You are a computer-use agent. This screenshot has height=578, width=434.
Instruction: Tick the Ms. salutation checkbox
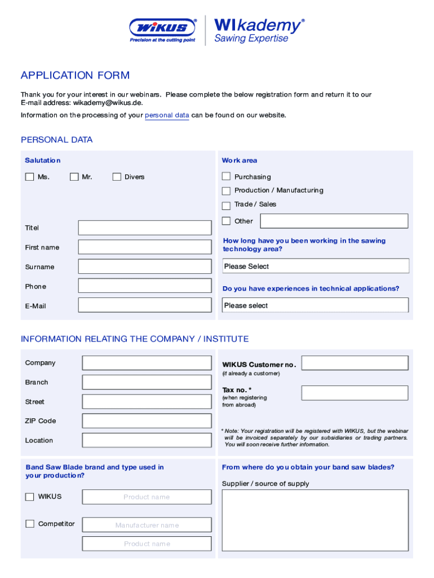(29, 177)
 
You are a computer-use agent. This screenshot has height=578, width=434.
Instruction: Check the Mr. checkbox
(74, 177)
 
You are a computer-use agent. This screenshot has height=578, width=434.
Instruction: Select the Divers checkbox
(117, 177)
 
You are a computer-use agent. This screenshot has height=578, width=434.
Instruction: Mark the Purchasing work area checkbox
(226, 177)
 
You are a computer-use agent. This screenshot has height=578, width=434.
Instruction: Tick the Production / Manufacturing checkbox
(226, 191)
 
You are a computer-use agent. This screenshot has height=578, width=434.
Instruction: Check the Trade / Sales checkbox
(226, 205)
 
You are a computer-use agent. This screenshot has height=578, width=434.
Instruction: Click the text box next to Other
(334, 221)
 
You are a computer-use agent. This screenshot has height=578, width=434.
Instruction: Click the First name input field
(145, 247)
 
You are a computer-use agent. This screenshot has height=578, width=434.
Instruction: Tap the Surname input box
(145, 266)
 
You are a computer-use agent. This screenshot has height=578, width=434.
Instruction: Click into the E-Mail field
(145, 305)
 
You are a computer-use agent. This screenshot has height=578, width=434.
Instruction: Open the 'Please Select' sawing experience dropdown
(316, 266)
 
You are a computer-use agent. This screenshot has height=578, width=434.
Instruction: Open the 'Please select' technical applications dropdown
(316, 305)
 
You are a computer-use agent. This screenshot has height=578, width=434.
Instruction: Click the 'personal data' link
(167, 115)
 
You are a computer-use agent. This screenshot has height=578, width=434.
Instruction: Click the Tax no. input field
(355, 393)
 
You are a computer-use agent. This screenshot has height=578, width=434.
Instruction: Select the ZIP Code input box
(147, 421)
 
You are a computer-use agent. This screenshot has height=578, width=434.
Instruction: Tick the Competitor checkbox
(30, 524)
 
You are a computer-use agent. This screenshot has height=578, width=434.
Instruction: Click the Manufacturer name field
(147, 525)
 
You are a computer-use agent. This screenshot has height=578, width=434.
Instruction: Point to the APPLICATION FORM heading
(75, 76)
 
